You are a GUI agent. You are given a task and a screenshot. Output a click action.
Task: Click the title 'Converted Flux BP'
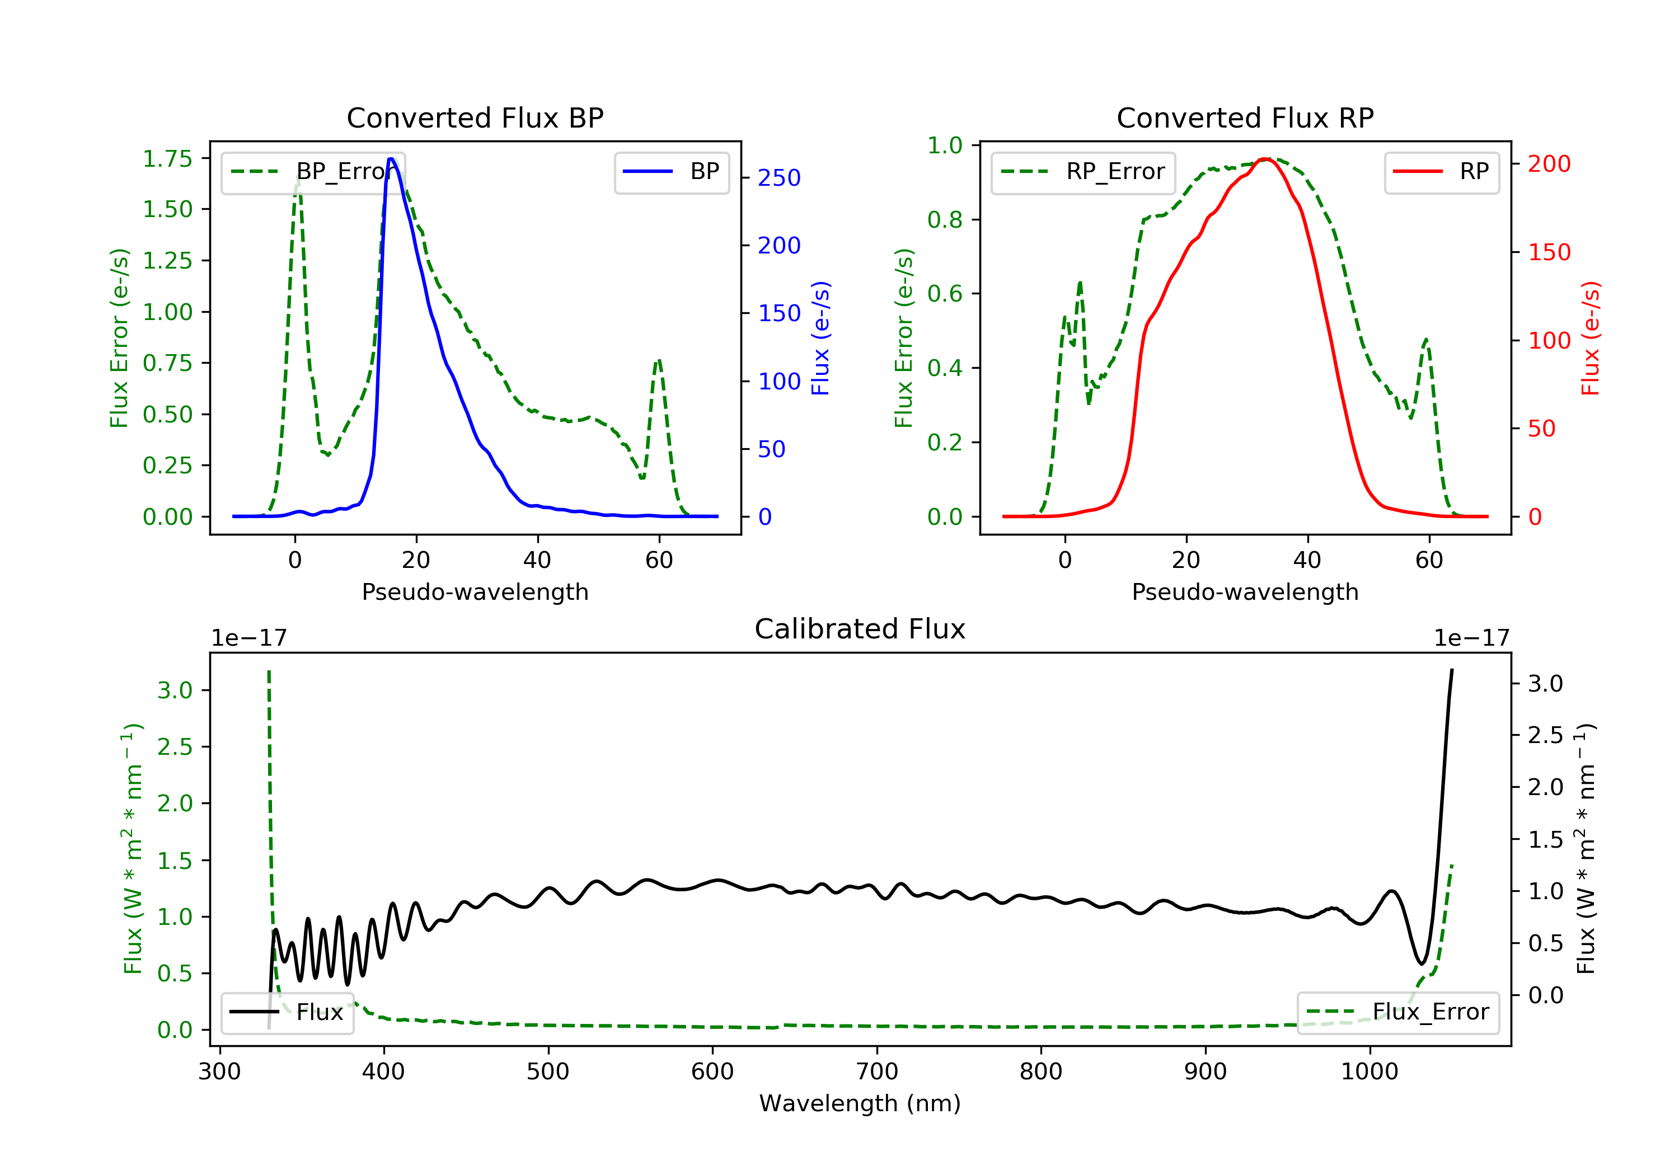[x=475, y=117]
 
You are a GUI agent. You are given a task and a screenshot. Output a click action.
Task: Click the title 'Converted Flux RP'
[x=1245, y=117]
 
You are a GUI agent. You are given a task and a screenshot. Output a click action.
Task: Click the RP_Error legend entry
[x=1083, y=172]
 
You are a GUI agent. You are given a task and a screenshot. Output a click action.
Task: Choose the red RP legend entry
[x=1441, y=172]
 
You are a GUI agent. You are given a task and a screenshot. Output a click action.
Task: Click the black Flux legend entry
[x=287, y=1012]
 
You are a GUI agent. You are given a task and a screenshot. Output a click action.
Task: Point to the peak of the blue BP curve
[x=391, y=159]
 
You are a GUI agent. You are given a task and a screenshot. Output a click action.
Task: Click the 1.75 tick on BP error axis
[x=167, y=159]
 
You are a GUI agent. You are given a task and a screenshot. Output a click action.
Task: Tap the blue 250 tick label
[x=779, y=178]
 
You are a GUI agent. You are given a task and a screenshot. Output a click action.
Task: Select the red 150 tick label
[x=1549, y=252]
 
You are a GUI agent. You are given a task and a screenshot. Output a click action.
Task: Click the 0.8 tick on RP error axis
[x=944, y=219]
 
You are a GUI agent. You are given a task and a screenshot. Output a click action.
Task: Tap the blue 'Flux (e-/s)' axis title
[x=820, y=338]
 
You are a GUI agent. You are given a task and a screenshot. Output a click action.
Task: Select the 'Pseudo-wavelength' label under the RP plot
[x=1245, y=591]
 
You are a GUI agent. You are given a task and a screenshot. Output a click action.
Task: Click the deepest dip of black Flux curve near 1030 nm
[x=1422, y=963]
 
